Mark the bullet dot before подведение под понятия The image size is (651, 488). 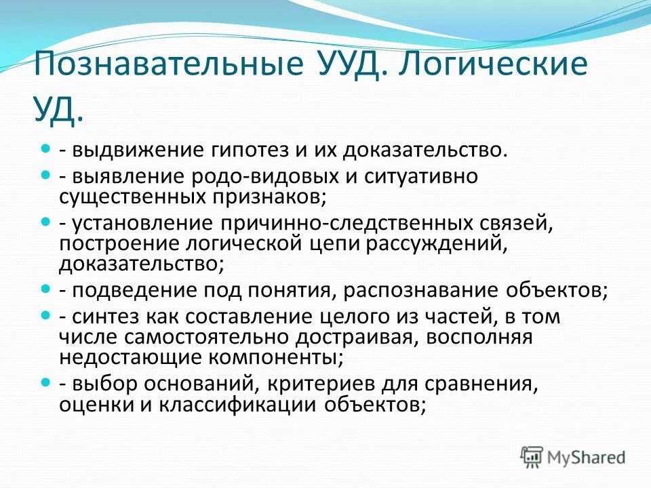[46, 289]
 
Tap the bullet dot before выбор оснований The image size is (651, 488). [46, 383]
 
